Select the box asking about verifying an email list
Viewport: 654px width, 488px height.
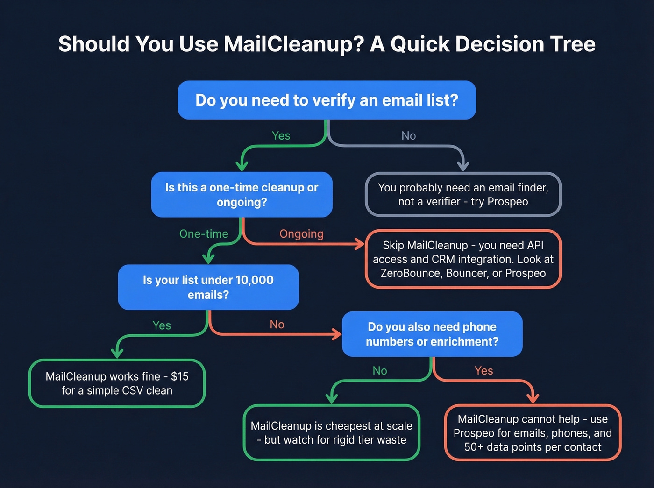[327, 100]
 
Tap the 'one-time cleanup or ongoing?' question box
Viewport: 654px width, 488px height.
[242, 194]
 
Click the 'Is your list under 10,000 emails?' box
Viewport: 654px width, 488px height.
[208, 287]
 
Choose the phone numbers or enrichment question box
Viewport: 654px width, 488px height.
[432, 334]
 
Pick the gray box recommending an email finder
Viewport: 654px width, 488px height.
[463, 194]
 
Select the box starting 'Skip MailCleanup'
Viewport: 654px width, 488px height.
[463, 259]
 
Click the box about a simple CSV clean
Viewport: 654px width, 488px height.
[117, 383]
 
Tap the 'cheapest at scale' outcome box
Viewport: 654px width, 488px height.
[332, 432]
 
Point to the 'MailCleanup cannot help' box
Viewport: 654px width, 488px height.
[533, 432]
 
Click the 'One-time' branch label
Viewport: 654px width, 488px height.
[204, 233]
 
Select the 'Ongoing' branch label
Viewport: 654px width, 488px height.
[301, 233]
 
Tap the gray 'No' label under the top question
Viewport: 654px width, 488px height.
[408, 135]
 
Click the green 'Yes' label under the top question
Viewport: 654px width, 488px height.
[281, 135]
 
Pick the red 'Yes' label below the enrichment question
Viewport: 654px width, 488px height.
[483, 370]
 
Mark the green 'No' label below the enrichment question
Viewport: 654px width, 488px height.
[380, 370]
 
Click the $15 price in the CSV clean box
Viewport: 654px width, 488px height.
[179, 376]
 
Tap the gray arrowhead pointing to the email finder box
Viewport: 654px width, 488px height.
[463, 165]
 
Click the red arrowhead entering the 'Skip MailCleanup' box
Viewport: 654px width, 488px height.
[359, 243]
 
